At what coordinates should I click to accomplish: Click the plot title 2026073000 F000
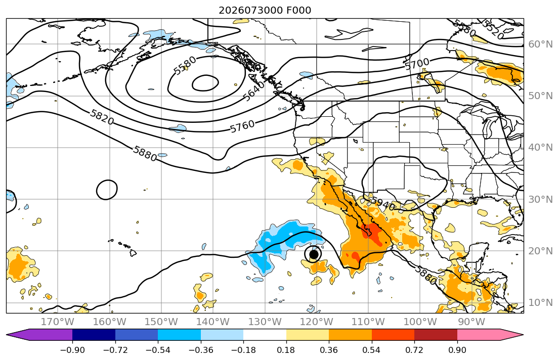coord(265,10)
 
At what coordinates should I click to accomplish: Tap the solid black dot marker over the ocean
coord(314,254)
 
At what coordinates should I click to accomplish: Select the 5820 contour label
coord(102,117)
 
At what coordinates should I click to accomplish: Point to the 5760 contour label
coord(242,126)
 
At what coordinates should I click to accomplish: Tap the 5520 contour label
coord(493,30)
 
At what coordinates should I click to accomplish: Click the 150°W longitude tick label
coord(161,322)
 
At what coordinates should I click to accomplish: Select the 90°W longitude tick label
coord(471,322)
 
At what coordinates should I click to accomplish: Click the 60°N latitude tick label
coord(540,44)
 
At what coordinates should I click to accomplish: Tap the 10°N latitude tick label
coord(540,303)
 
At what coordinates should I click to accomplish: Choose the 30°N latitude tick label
coord(540,199)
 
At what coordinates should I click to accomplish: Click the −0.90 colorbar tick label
coord(72,350)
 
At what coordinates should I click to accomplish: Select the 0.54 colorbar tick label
coord(371,350)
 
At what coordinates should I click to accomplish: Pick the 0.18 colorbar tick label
coord(286,350)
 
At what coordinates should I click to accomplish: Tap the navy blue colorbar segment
coord(94,335)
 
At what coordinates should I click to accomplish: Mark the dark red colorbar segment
coord(436,335)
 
